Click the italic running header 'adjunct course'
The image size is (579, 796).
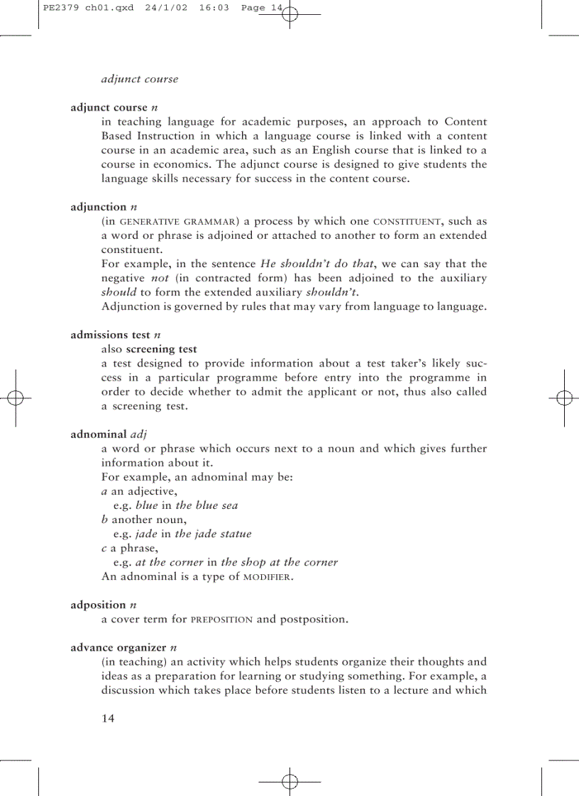pos(139,79)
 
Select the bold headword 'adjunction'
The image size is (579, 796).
pos(98,207)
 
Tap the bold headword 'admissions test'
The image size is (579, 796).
pos(110,335)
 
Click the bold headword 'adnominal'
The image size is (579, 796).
pos(99,434)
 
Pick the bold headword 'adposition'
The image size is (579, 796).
pos(99,605)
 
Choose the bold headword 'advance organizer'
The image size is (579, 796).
pos(118,647)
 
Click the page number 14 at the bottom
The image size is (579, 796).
pos(108,718)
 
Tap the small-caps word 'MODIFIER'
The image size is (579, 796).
pos(267,577)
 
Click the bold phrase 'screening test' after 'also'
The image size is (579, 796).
pos(161,349)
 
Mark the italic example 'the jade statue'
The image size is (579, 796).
pos(213,534)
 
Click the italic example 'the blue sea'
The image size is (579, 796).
pos(206,505)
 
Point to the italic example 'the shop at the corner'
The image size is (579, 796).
pos(279,562)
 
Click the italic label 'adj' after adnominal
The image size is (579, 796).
pos(138,434)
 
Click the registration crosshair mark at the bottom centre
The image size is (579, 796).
pos(289,782)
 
